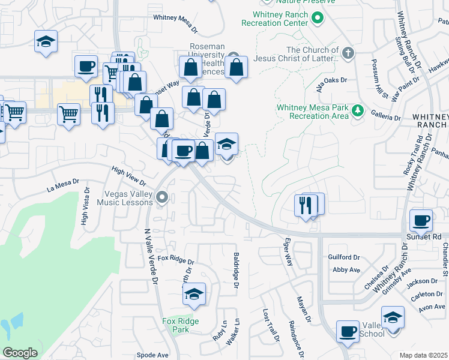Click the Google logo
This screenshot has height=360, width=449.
click(20, 353)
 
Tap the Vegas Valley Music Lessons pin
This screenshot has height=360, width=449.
click(161, 197)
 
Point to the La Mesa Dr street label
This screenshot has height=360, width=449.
click(63, 185)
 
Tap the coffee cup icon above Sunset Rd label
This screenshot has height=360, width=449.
click(421, 220)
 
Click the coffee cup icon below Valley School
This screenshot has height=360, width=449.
click(348, 331)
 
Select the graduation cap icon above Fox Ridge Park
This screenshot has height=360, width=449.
click(194, 294)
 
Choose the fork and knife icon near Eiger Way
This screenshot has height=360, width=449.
click(307, 205)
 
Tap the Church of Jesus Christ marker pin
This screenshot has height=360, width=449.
click(348, 53)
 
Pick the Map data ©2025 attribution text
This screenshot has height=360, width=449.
click(424, 355)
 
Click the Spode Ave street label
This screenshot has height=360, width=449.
click(152, 355)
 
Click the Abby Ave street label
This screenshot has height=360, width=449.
click(346, 270)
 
